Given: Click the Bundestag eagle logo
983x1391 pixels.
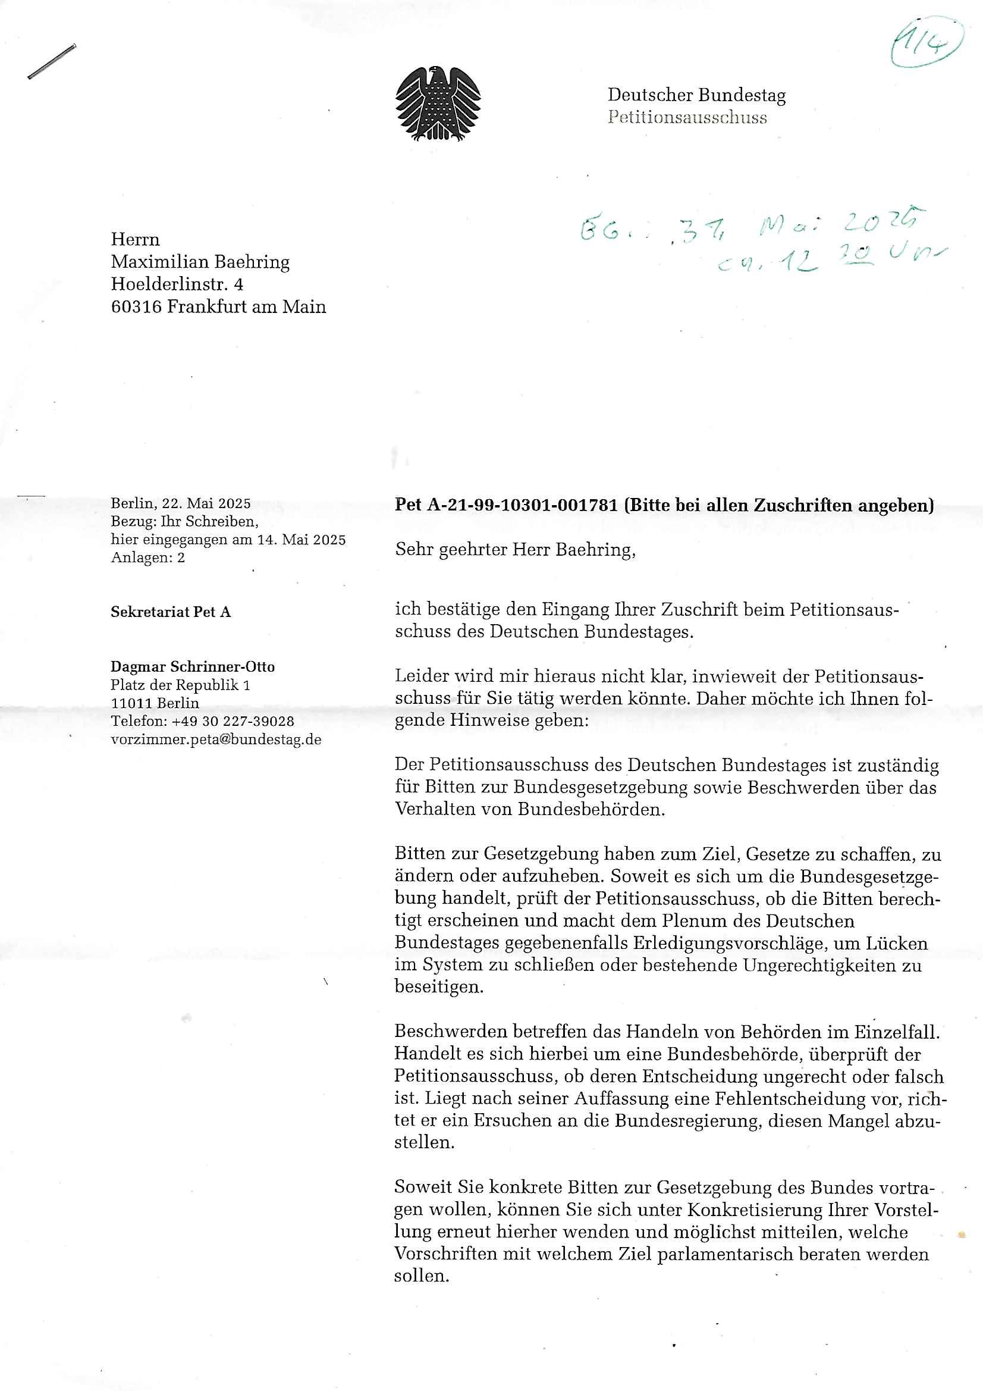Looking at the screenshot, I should (438, 104).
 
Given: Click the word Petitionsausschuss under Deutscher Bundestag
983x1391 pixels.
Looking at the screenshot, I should (687, 118).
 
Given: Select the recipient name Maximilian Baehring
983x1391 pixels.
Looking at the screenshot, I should (200, 262).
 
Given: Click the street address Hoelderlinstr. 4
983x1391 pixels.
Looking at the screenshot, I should (177, 284).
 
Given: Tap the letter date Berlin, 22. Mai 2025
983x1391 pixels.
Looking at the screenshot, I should (181, 503).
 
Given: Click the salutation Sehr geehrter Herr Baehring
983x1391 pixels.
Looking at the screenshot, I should (515, 550).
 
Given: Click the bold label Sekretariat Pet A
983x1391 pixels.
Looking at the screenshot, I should (170, 612).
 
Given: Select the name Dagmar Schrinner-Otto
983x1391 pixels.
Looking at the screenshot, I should (193, 667).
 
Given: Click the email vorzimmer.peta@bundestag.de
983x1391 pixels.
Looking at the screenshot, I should (216, 740).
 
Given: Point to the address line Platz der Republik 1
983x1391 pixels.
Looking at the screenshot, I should (181, 685).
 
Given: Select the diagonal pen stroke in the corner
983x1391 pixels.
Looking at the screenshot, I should (52, 62).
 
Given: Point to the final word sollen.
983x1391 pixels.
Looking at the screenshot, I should (422, 1276).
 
